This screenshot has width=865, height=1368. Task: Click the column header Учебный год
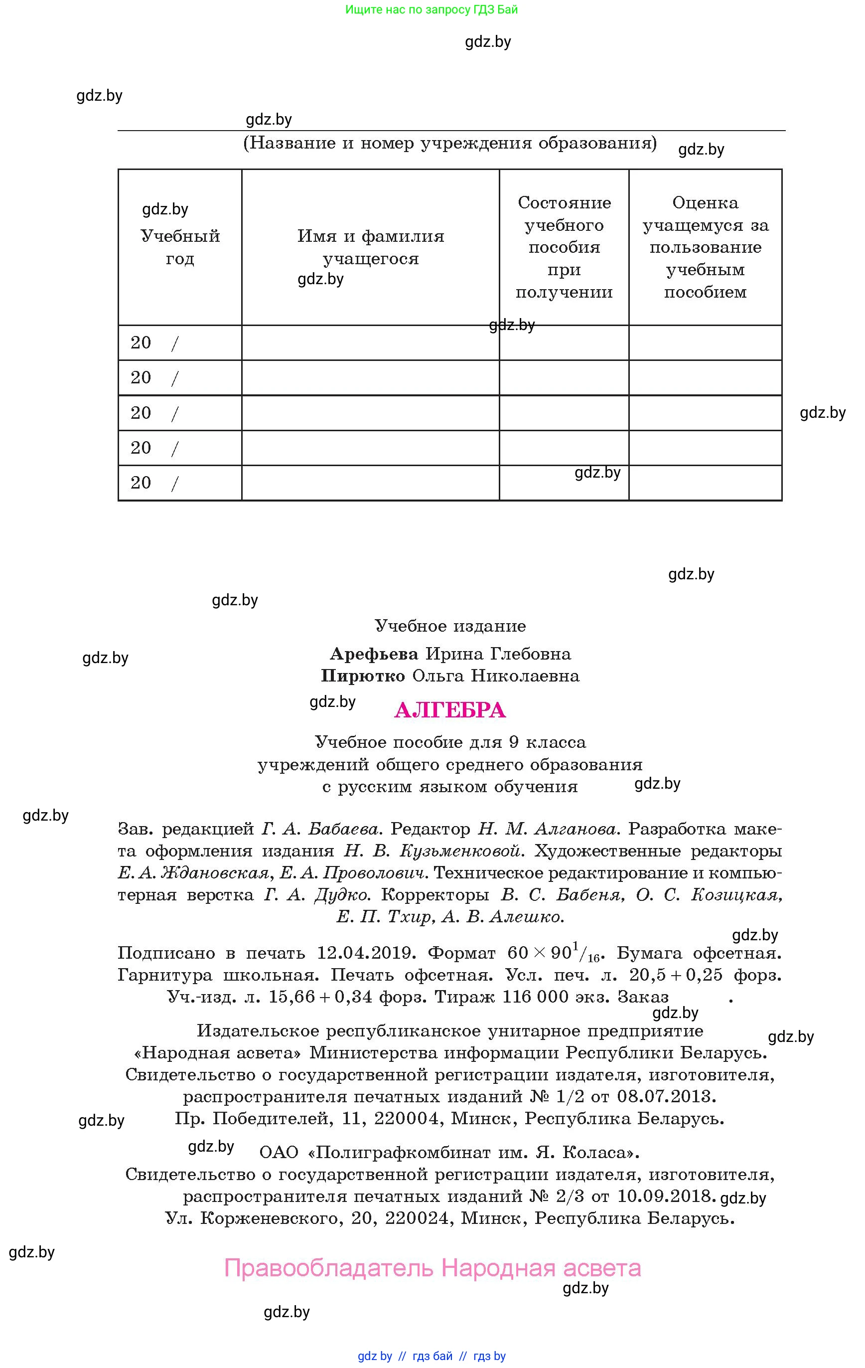[x=180, y=247]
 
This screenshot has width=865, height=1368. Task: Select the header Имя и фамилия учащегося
[x=370, y=247]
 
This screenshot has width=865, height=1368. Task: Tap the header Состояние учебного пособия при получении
[x=564, y=247]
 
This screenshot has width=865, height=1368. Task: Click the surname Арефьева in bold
[x=374, y=654]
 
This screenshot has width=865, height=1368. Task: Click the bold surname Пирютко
[x=363, y=676]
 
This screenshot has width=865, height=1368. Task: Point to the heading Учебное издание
[x=450, y=626]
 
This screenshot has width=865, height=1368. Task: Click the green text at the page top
[x=432, y=9]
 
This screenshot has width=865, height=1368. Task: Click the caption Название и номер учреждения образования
[x=450, y=143]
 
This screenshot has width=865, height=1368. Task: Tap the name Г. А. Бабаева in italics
[x=320, y=830]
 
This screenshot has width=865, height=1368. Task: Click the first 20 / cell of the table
[x=179, y=342]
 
